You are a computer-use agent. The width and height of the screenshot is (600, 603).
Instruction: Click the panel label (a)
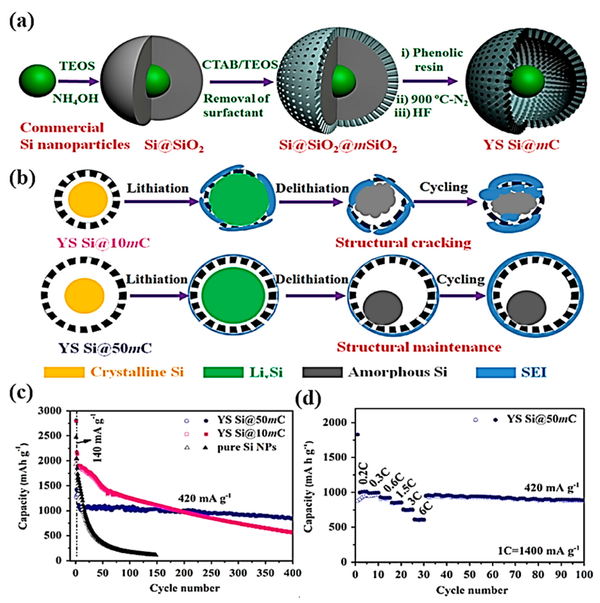[x=21, y=22]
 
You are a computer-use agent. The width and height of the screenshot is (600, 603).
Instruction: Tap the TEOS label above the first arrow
[x=77, y=66]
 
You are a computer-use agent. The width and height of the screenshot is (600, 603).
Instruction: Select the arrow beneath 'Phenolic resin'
[x=430, y=81]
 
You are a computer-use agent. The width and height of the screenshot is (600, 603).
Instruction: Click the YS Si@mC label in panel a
[x=521, y=145]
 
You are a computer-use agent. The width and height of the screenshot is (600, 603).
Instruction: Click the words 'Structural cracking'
[x=403, y=243]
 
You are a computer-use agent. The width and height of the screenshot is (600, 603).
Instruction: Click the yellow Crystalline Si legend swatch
[x=64, y=372]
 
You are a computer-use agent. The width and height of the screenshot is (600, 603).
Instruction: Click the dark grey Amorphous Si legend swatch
[x=322, y=372]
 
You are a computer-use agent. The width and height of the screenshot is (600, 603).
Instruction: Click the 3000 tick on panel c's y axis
[x=50, y=411]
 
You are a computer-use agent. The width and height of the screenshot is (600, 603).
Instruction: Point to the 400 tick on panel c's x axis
[x=293, y=573]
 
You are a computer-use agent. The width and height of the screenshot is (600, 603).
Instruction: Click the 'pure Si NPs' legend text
[x=247, y=447]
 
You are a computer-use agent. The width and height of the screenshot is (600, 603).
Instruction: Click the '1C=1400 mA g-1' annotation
[x=538, y=551]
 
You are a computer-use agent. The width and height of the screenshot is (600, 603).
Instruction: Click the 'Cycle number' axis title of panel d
[x=472, y=590]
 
